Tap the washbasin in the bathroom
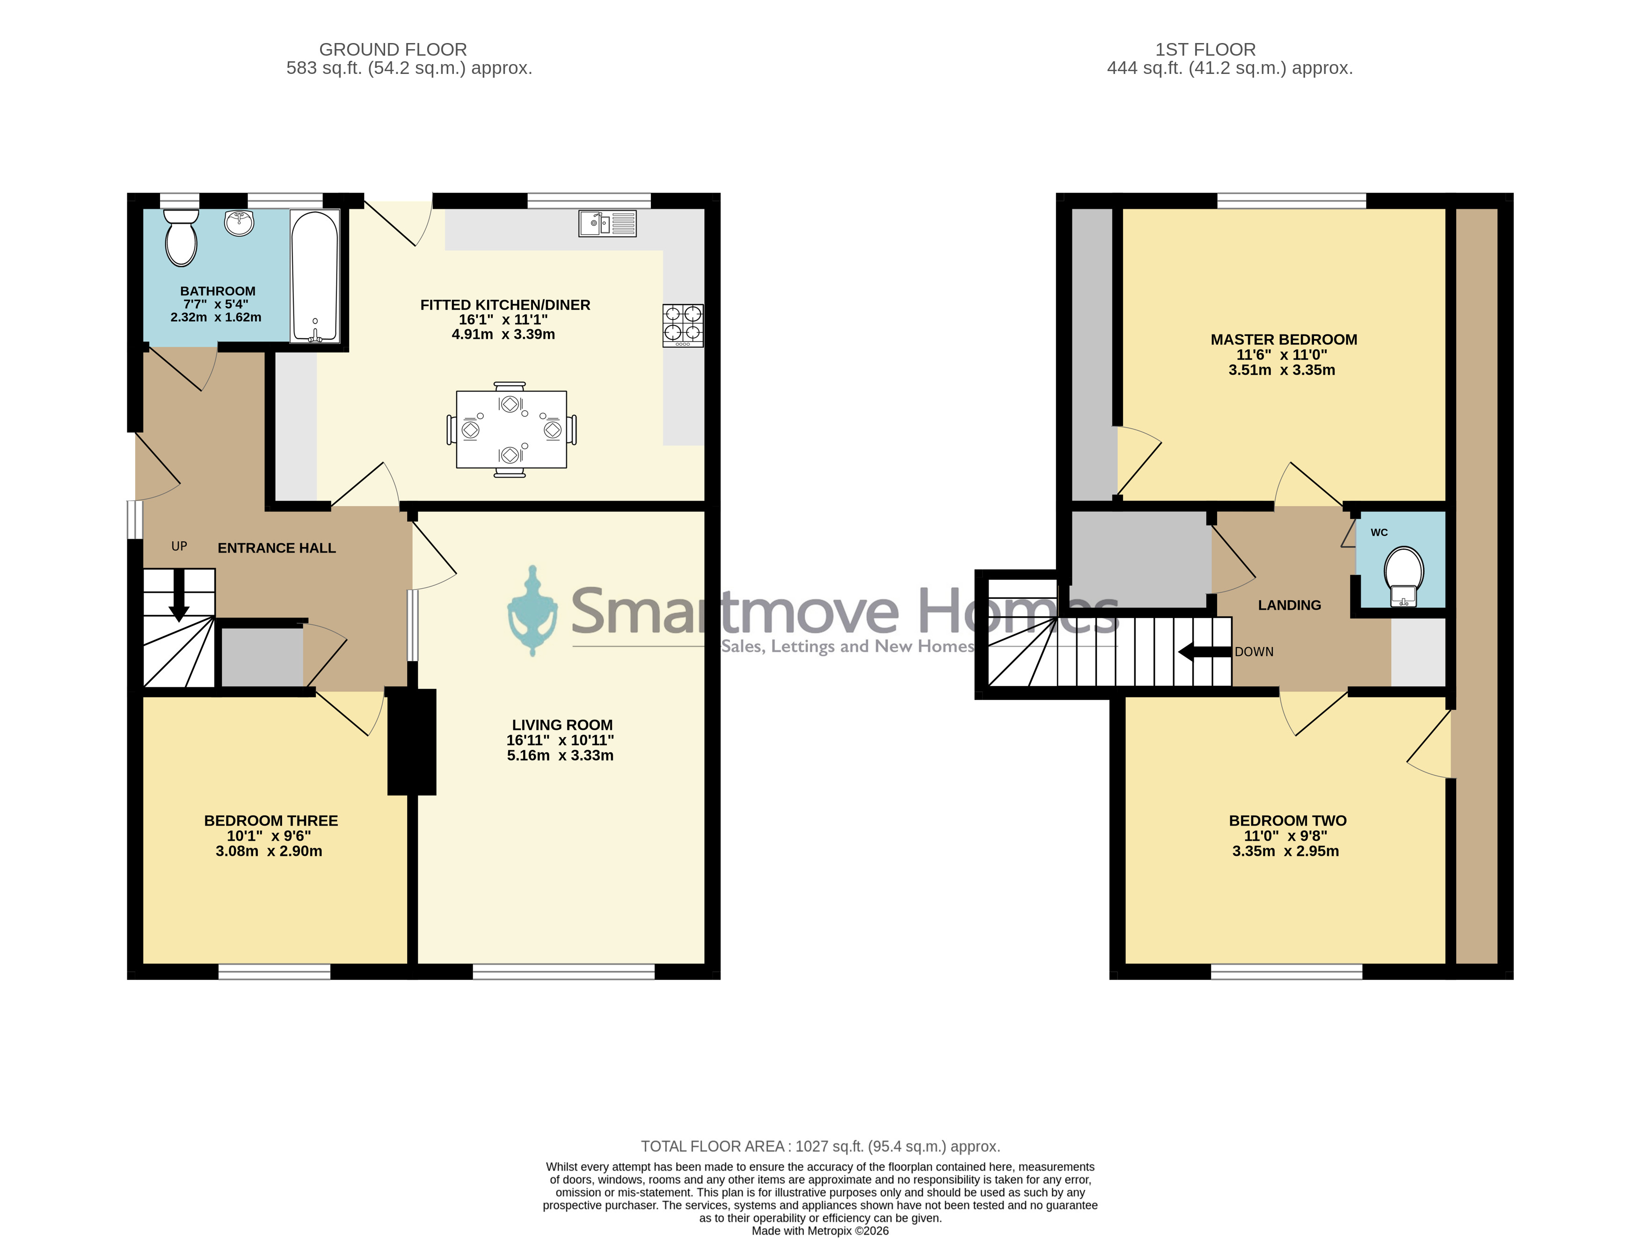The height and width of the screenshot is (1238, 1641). pyautogui.click(x=239, y=223)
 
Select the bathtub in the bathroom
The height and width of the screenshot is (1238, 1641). pyautogui.click(x=315, y=277)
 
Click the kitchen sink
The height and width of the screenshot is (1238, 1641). pyautogui.click(x=607, y=223)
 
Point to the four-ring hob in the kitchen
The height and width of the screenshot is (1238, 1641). pyautogui.click(x=683, y=326)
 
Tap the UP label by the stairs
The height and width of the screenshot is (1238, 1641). pyautogui.click(x=179, y=546)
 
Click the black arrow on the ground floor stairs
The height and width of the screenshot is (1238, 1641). pyautogui.click(x=179, y=596)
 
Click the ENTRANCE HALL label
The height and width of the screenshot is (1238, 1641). pyautogui.click(x=277, y=548)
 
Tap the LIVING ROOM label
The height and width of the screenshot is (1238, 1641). pyautogui.click(x=562, y=725)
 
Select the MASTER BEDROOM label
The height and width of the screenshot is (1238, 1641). pyautogui.click(x=1284, y=340)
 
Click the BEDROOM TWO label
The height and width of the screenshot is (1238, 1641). pyautogui.click(x=1288, y=820)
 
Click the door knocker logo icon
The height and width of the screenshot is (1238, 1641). pyautogui.click(x=532, y=611)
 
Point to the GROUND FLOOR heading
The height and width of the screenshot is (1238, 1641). pyautogui.click(x=393, y=50)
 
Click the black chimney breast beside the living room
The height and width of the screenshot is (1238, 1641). pyautogui.click(x=412, y=742)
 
